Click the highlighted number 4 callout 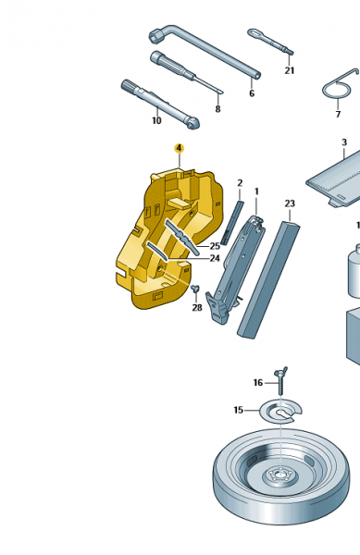(x=180, y=148)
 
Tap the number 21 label (x=290, y=71)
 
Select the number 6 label (x=252, y=93)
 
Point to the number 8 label (x=217, y=109)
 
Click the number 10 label (x=156, y=120)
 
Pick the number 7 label (x=338, y=115)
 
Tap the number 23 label (x=290, y=203)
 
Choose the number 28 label (x=197, y=308)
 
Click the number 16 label (x=258, y=383)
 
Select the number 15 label (x=239, y=410)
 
